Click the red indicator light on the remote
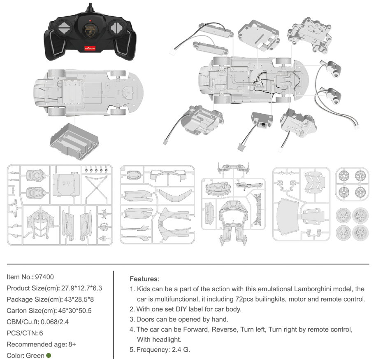coord(90,19)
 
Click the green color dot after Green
coord(49,355)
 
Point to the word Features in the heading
coord(144,279)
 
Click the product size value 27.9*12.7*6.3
coord(81,288)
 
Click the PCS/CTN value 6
coord(41,333)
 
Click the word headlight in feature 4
coord(167,339)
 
